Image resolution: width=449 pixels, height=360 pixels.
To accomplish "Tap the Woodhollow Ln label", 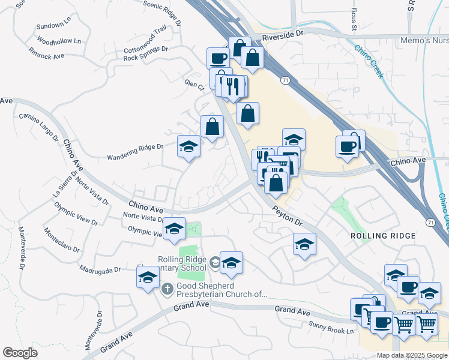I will (58, 41).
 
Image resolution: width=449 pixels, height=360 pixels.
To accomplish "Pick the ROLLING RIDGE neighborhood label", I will (382, 236).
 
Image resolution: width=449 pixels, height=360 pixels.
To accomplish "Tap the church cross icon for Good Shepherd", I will (168, 288).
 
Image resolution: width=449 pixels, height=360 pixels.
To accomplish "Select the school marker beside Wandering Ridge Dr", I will (188, 146).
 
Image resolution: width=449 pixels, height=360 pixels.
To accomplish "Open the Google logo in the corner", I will (20, 352).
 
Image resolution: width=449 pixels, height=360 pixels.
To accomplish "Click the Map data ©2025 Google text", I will (411, 355).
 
